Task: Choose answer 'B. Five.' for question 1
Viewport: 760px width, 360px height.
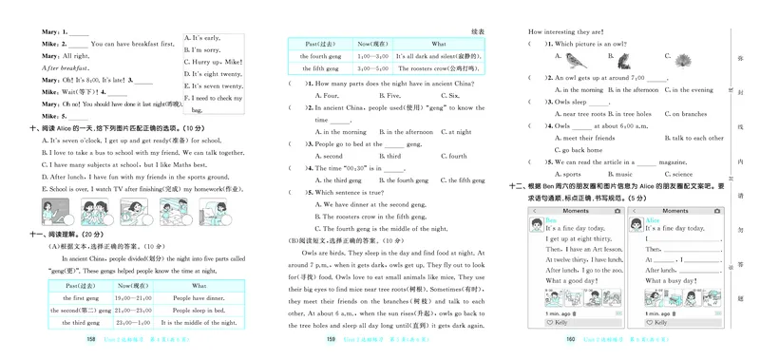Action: tap(389, 96)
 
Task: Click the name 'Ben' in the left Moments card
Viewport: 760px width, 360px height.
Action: tap(550, 220)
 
